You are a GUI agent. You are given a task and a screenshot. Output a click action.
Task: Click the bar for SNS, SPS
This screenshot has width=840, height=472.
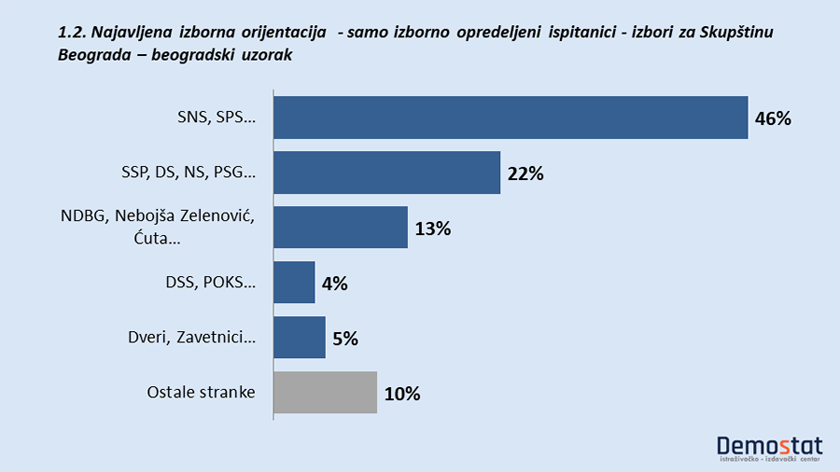(x=511, y=118)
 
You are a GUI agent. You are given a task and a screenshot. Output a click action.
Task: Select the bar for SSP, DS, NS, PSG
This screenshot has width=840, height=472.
(x=386, y=173)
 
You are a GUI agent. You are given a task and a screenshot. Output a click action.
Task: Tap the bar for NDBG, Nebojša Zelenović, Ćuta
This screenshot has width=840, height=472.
(x=340, y=228)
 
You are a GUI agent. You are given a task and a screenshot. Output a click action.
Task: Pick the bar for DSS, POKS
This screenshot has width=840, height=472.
(x=294, y=283)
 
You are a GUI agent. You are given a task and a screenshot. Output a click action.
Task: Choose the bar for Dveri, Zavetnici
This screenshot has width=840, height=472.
(x=299, y=337)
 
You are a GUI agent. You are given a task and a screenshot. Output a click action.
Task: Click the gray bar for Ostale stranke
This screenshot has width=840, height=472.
(x=325, y=392)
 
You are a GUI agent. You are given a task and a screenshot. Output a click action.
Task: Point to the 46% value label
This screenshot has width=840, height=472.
(x=773, y=118)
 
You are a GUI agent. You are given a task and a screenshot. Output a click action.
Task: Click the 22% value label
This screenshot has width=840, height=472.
(x=525, y=174)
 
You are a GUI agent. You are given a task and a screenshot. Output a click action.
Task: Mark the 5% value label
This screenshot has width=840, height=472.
(x=344, y=338)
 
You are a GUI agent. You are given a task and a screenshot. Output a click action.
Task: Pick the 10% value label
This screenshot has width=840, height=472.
(x=401, y=393)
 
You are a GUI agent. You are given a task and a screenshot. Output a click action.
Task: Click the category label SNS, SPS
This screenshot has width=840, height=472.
(x=216, y=118)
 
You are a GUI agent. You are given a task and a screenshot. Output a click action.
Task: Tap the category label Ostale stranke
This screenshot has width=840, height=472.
(x=201, y=392)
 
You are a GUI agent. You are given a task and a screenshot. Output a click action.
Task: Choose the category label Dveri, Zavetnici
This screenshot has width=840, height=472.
(x=191, y=337)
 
